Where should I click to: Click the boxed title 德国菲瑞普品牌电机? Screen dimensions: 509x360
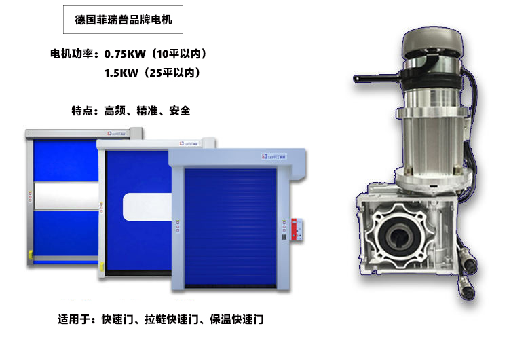[x=123, y=20]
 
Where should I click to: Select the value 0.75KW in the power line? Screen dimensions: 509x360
[x=125, y=54]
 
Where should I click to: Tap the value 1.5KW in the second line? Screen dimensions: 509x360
[x=121, y=73]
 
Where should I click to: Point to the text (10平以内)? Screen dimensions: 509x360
[x=180, y=54]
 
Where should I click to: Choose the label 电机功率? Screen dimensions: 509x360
[x=72, y=54]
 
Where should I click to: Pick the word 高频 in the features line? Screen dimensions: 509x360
[x=115, y=111]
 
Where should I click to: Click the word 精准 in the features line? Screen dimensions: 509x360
[x=147, y=111]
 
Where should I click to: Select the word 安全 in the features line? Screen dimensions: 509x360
[x=180, y=111]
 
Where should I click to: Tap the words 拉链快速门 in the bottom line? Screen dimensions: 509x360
[x=172, y=319]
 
